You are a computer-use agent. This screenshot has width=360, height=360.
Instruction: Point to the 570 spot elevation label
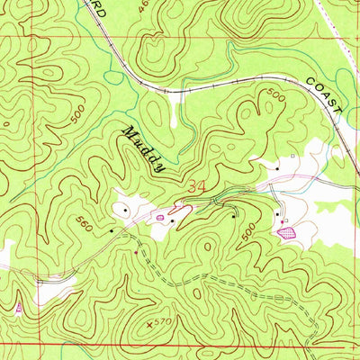pos(162,320)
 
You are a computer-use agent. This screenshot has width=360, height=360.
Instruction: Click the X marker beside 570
pos(149,320)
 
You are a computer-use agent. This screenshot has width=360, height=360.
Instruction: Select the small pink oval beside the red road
pos(161,217)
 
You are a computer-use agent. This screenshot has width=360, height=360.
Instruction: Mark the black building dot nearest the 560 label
pos(112,231)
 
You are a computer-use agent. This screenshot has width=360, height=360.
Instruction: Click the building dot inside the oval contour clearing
pos(124,211)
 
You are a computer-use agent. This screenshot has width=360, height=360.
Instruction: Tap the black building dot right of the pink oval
pos(173,220)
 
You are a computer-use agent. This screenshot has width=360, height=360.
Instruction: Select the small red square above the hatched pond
pos(284,220)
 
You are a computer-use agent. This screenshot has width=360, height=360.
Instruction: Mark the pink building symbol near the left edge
pos(18,308)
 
